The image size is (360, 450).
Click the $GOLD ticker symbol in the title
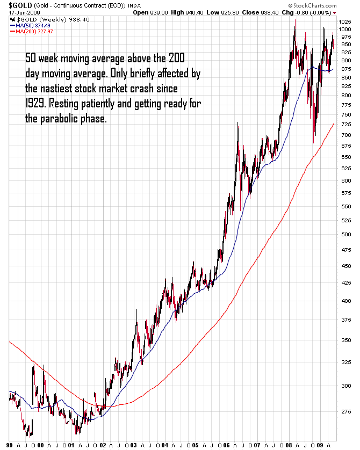click(17, 5)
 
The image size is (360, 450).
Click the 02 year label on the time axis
click(103, 445)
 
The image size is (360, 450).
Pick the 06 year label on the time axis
click(227, 445)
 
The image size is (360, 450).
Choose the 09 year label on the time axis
click(320, 445)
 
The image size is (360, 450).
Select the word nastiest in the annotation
click(59, 88)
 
